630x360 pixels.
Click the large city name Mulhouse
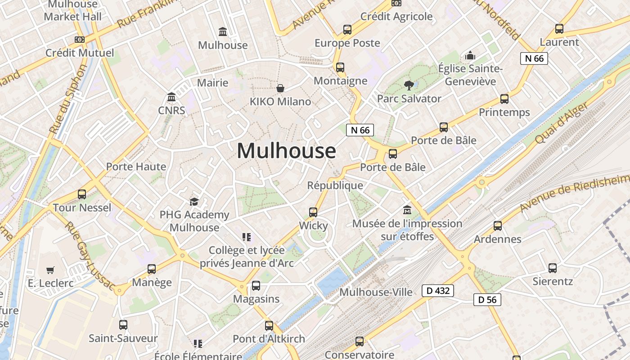pos(286,151)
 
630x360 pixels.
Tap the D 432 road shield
pos(437,291)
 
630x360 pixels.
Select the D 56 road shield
pos(487,300)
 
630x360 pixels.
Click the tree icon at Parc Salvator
pos(409,85)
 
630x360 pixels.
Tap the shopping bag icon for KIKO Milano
pos(280,88)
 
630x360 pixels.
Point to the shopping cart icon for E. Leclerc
pos(50,270)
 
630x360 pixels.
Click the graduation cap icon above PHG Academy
pos(194,202)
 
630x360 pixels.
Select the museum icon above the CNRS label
pos(171,97)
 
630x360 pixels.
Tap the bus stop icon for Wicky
pos(313,212)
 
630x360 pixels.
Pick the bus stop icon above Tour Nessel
pos(82,194)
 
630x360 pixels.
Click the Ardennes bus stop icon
pos(497,226)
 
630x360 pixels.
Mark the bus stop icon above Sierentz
pos(552,268)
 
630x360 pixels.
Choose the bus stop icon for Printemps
pos(504,99)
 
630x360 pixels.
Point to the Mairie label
pos(213,83)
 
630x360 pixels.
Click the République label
pos(335,185)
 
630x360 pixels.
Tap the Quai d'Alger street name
pos(562,124)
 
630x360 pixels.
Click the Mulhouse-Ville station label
pos(376,292)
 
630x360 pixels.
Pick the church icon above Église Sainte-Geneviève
pos(470,55)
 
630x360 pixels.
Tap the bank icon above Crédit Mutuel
pos(80,40)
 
